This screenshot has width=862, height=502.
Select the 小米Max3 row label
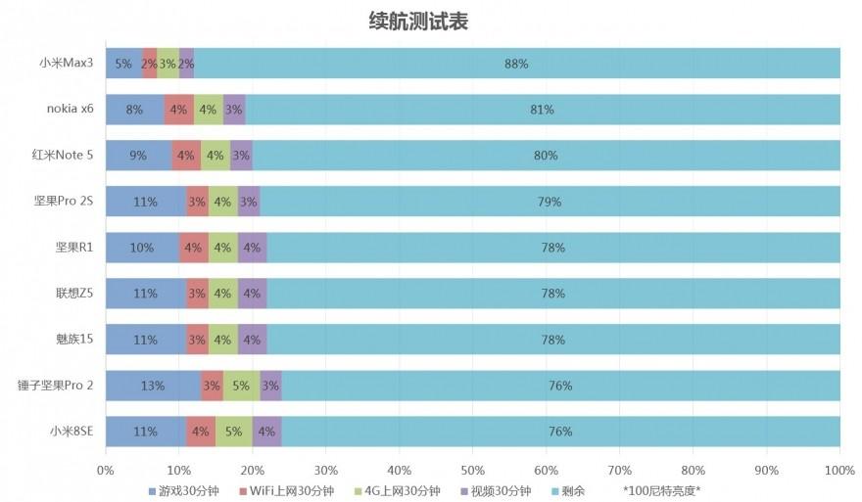66,64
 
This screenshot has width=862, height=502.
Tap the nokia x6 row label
70,109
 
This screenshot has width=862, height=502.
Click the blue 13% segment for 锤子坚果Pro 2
153,386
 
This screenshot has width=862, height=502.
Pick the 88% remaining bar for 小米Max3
516,64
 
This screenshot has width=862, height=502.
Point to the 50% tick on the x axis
472,470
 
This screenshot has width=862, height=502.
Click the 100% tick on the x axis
839,470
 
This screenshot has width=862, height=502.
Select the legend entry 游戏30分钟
181,490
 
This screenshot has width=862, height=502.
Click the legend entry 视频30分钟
499,490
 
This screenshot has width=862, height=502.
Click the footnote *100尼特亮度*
662,490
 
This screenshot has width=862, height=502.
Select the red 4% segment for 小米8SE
201,431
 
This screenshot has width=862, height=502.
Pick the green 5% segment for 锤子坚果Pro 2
241,386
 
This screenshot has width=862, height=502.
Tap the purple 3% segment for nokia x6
233,110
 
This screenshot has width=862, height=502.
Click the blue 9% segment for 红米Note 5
138,155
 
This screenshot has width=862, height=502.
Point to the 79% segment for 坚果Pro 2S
550,202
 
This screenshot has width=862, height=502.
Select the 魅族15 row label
75,340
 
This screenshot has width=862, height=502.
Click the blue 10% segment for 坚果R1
142,248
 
